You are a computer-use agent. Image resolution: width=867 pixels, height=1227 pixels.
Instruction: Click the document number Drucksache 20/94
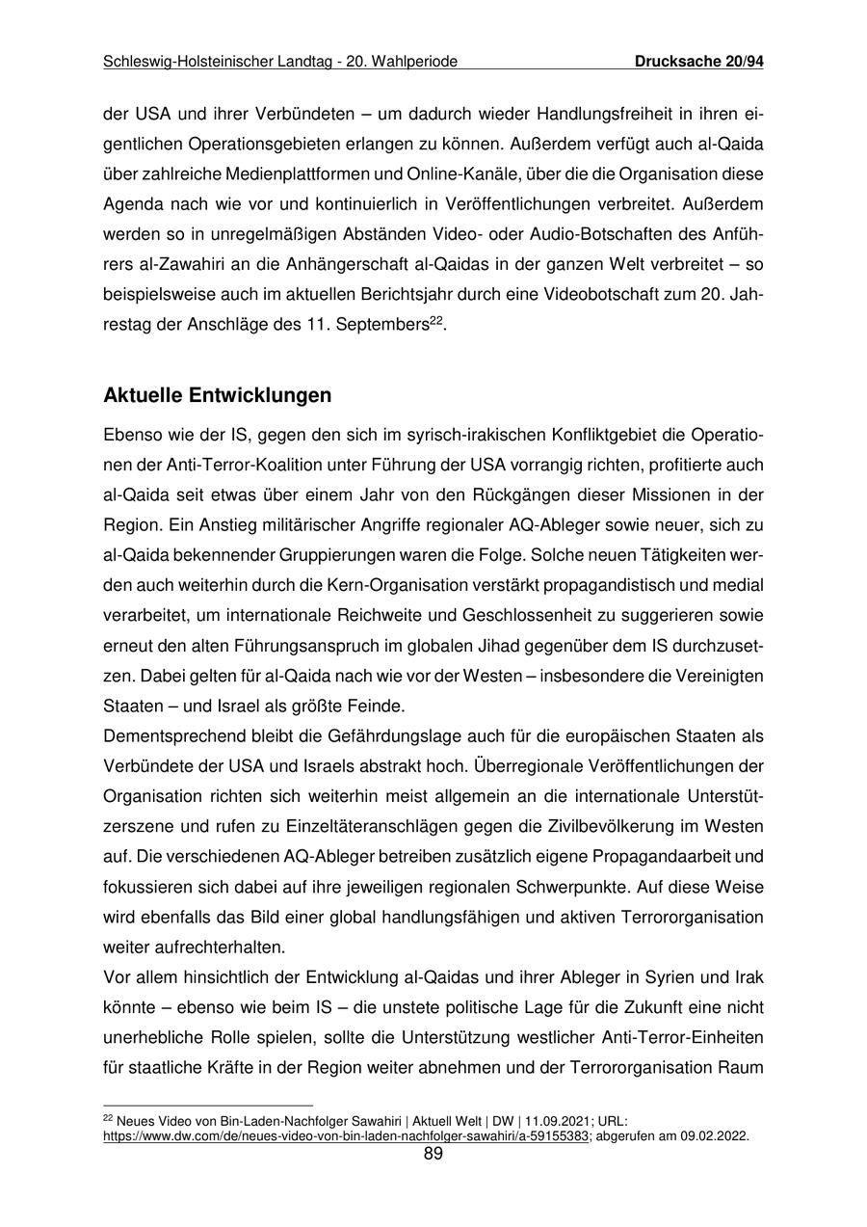699,63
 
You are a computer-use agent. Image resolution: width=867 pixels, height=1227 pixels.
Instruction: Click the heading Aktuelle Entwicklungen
217,396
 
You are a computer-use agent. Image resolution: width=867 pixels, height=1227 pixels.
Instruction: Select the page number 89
433,1154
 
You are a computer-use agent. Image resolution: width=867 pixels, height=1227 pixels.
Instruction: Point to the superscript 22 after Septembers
435,321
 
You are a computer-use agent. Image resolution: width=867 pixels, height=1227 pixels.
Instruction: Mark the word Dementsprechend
170,736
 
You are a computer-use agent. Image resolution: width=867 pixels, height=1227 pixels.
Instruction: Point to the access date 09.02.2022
714,1136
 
